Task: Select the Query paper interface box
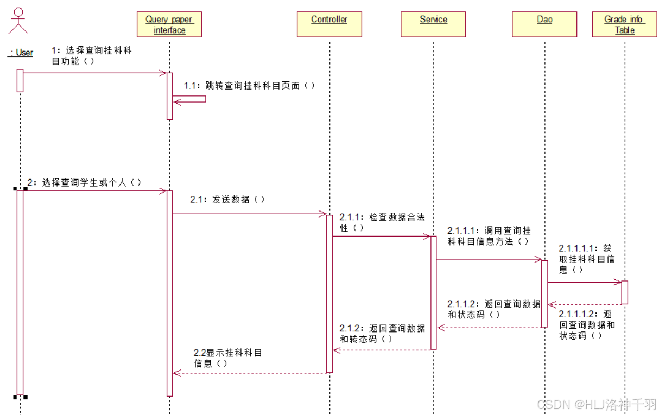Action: [x=169, y=25]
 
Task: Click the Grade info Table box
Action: [x=624, y=25]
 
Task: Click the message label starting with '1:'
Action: [x=91, y=56]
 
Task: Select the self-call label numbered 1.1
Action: [x=249, y=86]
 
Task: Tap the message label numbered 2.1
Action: [x=227, y=200]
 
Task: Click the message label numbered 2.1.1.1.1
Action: [x=586, y=259]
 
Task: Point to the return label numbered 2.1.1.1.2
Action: [x=587, y=324]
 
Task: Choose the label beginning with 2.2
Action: [x=228, y=358]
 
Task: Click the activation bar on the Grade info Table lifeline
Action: [x=624, y=292]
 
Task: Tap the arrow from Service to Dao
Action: [x=489, y=259]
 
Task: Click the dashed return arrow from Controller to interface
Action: [x=250, y=373]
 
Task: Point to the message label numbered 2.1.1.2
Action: [x=494, y=309]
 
